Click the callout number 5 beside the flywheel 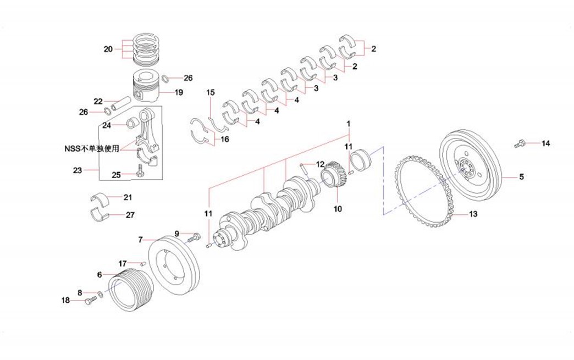click(522, 177)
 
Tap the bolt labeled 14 click(518, 144)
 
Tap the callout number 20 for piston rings click(108, 49)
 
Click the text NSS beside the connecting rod click(72, 148)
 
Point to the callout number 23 click(77, 170)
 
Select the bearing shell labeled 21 click(100, 198)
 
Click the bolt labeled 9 click(193, 238)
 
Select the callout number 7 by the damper click(140, 240)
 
